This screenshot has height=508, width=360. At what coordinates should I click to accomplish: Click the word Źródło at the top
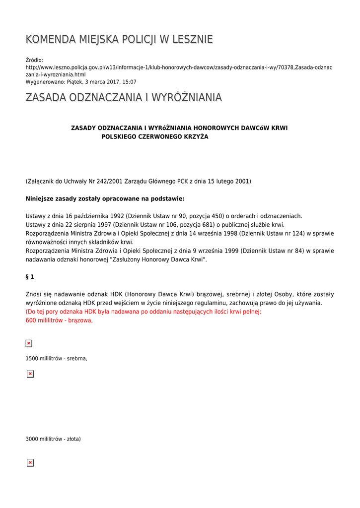pyautogui.click(x=34, y=60)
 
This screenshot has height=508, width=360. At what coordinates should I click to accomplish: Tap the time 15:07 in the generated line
pyautogui.click(x=130, y=82)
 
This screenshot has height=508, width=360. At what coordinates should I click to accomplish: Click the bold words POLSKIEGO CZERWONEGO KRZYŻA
pyautogui.click(x=154, y=136)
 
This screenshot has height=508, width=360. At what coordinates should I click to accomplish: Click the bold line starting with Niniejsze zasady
pyautogui.click(x=105, y=199)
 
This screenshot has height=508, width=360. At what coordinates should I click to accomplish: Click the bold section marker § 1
pyautogui.click(x=30, y=277)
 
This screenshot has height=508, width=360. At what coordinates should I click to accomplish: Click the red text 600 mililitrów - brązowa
pyautogui.click(x=59, y=320)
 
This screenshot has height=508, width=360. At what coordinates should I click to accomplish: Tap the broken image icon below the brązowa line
pyautogui.click(x=29, y=343)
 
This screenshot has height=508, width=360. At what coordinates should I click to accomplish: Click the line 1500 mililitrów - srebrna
pyautogui.click(x=56, y=358)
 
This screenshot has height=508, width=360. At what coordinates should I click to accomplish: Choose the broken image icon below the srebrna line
pyautogui.click(x=30, y=374)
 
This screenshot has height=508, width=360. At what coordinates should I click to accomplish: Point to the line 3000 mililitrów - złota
pyautogui.click(x=53, y=439)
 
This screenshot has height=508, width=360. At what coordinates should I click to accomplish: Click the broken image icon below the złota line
pyautogui.click(x=30, y=463)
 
